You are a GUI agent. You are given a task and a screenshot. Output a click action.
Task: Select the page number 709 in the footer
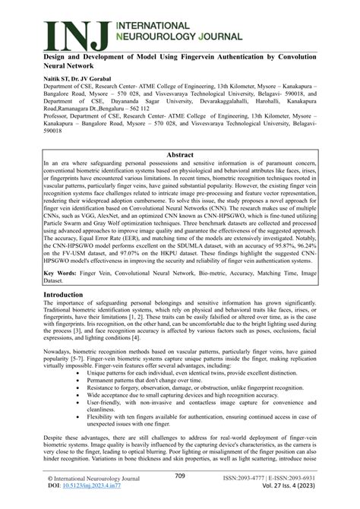pos(180,476)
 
